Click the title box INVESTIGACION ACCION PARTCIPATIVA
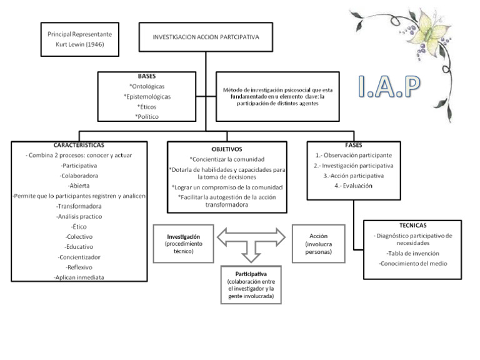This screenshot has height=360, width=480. pyautogui.click(x=206, y=37)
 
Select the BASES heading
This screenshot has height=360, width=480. pyautogui.click(x=147, y=76)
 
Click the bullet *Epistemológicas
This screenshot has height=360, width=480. pyautogui.click(x=147, y=96)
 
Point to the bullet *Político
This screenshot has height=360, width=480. pyautogui.click(x=147, y=116)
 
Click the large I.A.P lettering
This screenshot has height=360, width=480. pyautogui.click(x=389, y=88)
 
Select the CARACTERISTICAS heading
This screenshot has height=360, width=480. pyautogui.click(x=79, y=144)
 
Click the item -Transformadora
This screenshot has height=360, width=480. pyautogui.click(x=79, y=206)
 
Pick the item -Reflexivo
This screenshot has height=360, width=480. pyautogui.click(x=79, y=267)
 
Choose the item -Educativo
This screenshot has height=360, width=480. pyautogui.click(x=79, y=246)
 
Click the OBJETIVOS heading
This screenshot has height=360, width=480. pyautogui.click(x=227, y=150)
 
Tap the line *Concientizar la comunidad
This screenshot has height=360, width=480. pyautogui.click(x=227, y=159)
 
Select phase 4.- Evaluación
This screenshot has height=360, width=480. pyautogui.click(x=354, y=186)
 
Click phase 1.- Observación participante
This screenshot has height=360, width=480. pyautogui.click(x=354, y=154)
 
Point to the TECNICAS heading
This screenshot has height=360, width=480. pyautogui.click(x=412, y=224)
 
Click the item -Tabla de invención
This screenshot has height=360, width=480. pyautogui.click(x=412, y=254)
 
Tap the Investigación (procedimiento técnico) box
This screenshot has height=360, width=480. pyautogui.click(x=183, y=244)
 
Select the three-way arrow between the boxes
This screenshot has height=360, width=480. pyautogui.click(x=250, y=242)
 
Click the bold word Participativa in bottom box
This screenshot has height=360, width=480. pyautogui.click(x=251, y=274)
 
